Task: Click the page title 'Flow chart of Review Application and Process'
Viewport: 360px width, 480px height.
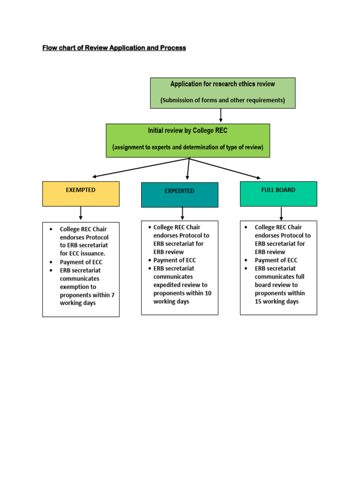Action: click(x=114, y=48)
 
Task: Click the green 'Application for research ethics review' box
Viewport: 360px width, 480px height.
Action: click(x=223, y=93)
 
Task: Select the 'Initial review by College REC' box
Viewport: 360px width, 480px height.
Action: click(x=187, y=140)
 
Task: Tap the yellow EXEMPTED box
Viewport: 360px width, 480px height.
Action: click(x=81, y=194)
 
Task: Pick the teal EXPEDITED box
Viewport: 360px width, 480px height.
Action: click(x=180, y=195)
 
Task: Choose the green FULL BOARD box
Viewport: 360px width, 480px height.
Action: click(x=278, y=194)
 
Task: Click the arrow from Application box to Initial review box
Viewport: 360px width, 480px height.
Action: click(x=221, y=116)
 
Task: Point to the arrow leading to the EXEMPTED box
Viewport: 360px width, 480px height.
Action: click(x=141, y=168)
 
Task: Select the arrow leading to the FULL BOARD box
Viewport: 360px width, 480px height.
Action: click(x=225, y=168)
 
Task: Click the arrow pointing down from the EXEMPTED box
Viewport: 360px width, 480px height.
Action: click(x=81, y=213)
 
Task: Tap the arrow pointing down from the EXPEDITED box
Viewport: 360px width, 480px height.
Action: click(x=182, y=214)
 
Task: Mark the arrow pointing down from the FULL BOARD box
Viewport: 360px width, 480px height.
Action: click(x=281, y=214)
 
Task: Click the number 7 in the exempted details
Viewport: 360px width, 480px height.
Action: click(x=112, y=295)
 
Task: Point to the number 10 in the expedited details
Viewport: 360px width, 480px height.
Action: click(x=208, y=293)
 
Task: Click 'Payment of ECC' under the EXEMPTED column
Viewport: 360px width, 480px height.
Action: click(x=81, y=262)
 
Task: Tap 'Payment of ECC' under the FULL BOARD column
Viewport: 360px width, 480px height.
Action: click(x=276, y=260)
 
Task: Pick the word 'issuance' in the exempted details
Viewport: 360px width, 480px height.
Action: click(x=92, y=254)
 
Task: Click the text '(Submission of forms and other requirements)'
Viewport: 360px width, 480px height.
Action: click(x=223, y=100)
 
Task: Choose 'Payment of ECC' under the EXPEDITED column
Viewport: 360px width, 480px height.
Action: click(x=174, y=260)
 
